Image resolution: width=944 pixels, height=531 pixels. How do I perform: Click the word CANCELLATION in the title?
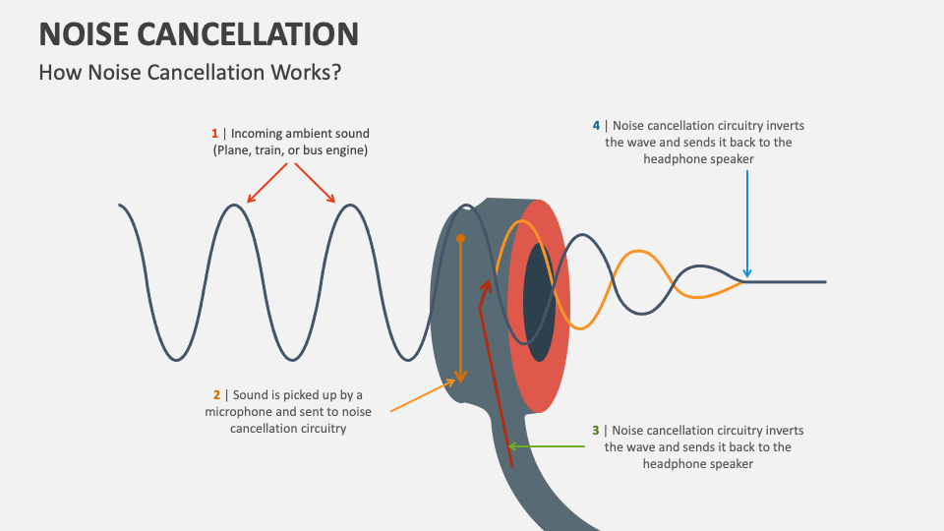click(x=250, y=34)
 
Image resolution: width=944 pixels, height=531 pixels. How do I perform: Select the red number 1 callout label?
click(x=214, y=133)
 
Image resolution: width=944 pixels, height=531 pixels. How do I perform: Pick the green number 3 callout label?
click(x=595, y=431)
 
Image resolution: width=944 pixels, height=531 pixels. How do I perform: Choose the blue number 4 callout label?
click(x=596, y=126)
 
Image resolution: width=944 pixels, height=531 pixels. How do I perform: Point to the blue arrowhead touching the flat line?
click(x=747, y=274)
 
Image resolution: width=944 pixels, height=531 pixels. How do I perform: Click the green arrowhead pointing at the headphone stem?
click(x=512, y=446)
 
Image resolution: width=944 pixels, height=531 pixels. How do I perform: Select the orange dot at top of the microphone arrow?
click(x=460, y=238)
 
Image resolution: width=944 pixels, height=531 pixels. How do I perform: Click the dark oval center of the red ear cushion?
click(x=537, y=300)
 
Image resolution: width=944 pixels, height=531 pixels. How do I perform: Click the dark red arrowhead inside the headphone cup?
click(x=484, y=284)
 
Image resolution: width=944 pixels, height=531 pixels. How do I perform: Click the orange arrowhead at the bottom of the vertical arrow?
click(x=458, y=379)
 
